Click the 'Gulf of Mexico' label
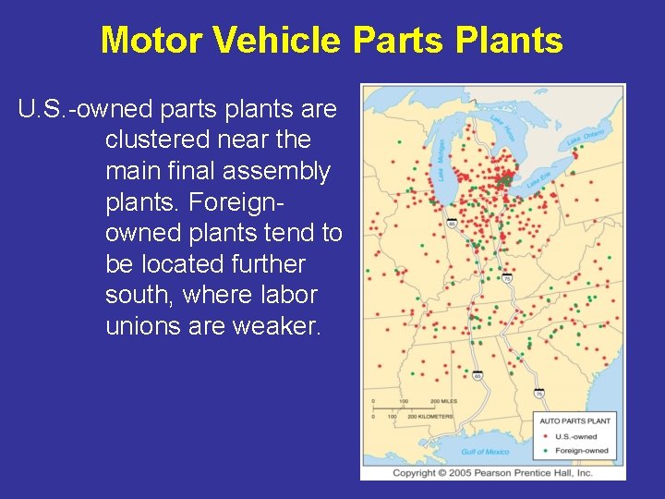point(485,452)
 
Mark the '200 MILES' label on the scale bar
point(443,402)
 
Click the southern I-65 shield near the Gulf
point(478,376)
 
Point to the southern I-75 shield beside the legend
point(538,393)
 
